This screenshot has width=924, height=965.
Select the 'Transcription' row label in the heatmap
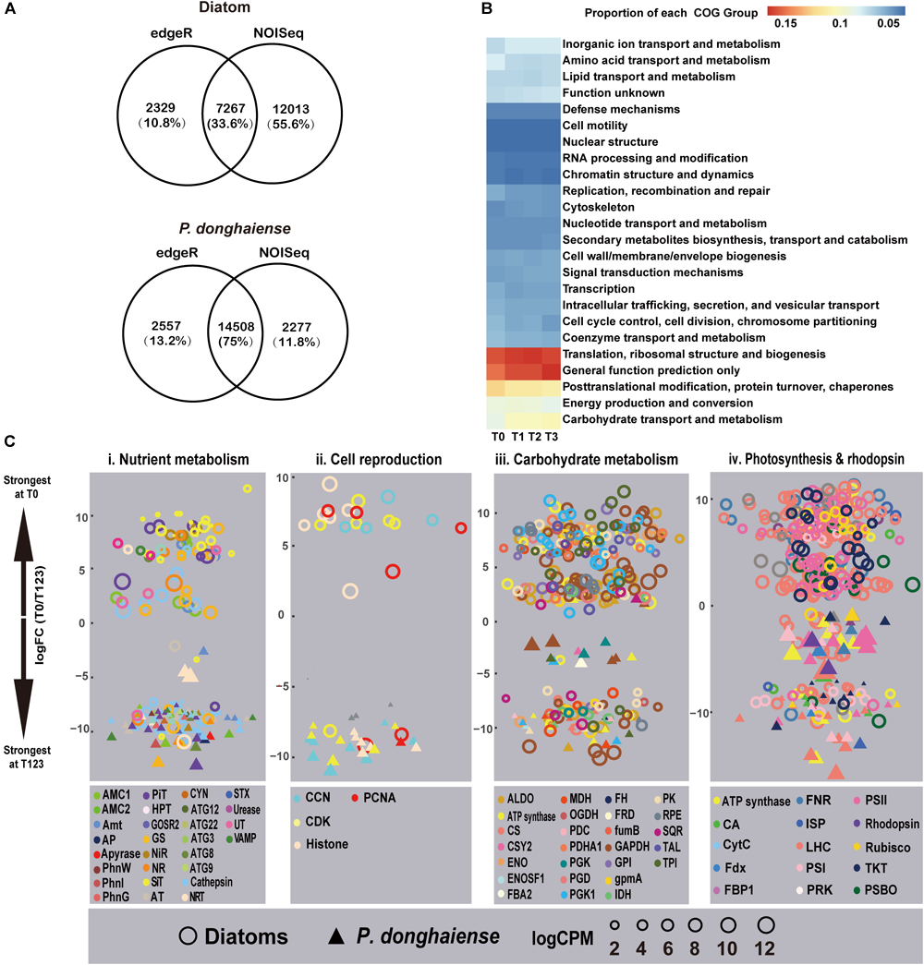click(602, 288)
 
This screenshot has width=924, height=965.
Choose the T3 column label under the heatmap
click(552, 436)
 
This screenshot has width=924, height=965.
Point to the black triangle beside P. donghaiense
click(336, 934)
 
